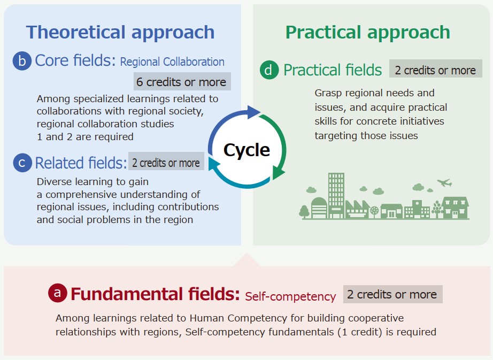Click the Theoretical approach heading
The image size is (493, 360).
120,33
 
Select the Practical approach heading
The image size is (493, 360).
367,33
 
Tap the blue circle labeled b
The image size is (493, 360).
22,60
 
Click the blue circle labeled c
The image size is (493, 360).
22,163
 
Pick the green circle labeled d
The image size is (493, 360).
269,70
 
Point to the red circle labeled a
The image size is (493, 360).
58,293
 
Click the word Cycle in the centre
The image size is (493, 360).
247,150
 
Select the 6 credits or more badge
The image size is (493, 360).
182,81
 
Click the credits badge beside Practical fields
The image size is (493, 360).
435,68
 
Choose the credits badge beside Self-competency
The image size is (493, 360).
392,294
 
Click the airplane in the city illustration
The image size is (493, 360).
444,182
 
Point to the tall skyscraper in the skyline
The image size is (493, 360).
336,195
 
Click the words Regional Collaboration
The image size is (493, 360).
172,62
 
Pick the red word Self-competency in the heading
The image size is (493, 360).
290,296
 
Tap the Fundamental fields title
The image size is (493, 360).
155,294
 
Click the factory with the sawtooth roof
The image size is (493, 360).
357,209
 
